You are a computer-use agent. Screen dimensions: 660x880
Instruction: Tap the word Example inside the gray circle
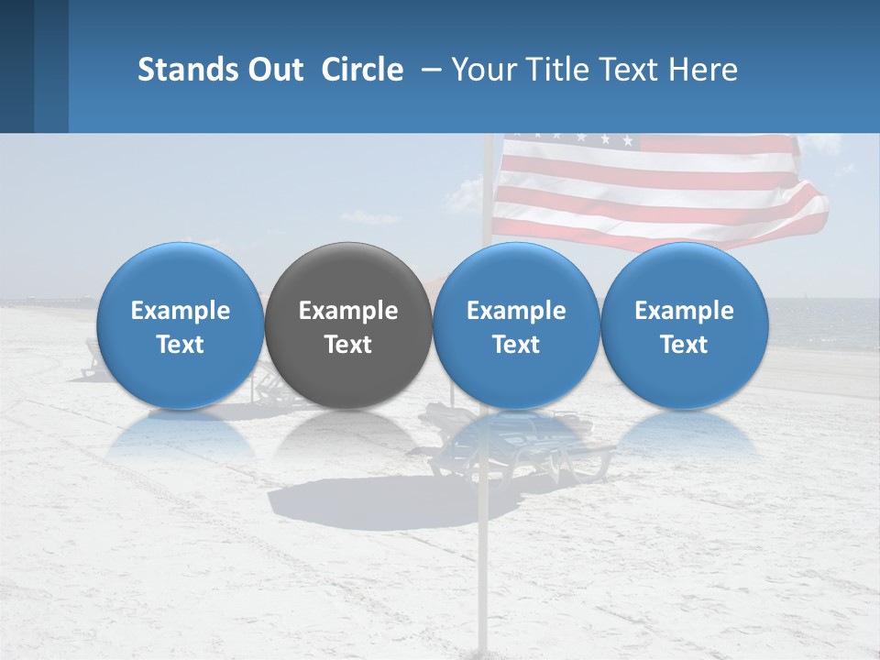[348, 311]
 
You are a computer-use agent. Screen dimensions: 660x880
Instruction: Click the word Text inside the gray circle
[348, 345]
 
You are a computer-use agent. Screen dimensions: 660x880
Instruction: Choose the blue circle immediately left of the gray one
[181, 325]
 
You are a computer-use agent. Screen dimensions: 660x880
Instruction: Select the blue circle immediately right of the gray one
[516, 325]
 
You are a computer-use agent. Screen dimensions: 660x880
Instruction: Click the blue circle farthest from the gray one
[684, 325]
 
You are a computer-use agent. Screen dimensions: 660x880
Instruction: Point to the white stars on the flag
[568, 139]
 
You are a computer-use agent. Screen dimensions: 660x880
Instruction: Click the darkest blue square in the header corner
[16, 66]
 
